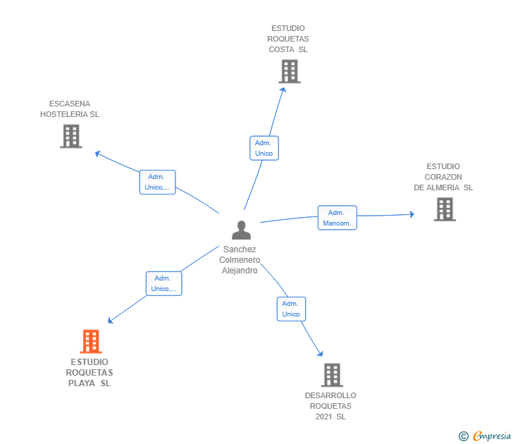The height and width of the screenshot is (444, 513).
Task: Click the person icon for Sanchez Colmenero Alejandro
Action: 241,230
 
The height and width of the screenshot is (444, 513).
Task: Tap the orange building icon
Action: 91,342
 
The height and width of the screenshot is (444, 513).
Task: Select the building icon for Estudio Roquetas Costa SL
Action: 289,71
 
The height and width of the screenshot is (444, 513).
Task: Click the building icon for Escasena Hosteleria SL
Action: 71,137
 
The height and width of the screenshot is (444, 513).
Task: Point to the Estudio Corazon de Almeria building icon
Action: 444,209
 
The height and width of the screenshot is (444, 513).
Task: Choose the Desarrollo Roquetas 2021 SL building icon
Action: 332,375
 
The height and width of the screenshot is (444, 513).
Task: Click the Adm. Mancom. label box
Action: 337,218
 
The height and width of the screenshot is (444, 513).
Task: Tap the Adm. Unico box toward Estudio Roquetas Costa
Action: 264,148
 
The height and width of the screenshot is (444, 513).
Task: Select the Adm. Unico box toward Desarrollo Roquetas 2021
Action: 291,309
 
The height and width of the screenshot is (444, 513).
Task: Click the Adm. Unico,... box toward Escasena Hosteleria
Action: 157,182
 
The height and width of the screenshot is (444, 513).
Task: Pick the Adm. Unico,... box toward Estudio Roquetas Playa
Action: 164,283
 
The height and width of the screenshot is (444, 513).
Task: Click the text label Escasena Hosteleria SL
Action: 70,109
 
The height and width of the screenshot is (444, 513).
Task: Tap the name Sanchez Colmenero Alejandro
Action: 240,260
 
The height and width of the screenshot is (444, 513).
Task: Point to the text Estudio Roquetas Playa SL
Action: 89,373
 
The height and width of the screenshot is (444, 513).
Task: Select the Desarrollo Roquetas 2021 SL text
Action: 330,406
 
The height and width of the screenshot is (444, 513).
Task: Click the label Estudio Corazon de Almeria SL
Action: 443,177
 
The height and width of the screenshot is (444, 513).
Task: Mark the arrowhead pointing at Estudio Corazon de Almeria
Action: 412,214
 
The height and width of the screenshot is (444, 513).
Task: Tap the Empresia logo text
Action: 492,436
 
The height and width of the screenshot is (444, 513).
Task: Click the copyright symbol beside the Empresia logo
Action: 463,436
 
